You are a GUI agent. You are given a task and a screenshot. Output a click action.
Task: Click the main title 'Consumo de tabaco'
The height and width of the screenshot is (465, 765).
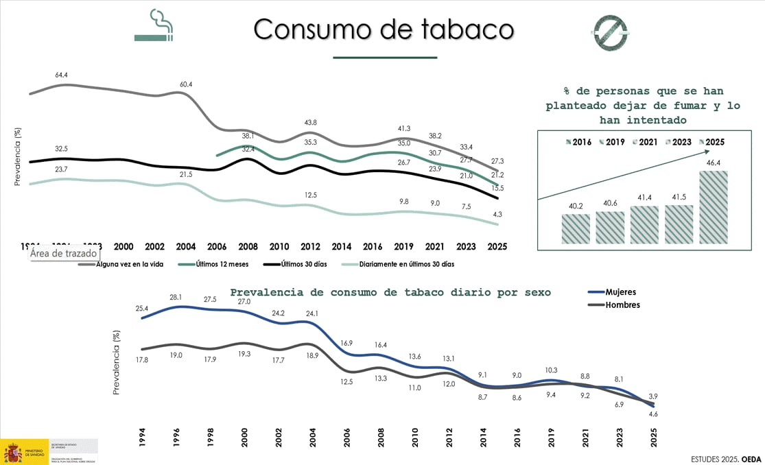pyautogui.click(x=384, y=29)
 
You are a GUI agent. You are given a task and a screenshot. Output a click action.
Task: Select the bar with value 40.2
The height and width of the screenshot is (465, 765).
pyautogui.click(x=575, y=228)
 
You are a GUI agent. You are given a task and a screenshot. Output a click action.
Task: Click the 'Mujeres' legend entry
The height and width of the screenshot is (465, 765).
pyautogui.click(x=620, y=292)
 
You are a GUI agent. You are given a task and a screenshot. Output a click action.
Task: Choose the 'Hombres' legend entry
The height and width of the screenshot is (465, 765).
pyautogui.click(x=622, y=305)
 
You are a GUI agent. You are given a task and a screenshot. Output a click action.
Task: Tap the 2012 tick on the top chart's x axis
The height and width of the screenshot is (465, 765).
pyautogui.click(x=310, y=247)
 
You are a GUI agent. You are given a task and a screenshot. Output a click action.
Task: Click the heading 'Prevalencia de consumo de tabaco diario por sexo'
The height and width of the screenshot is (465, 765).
pyautogui.click(x=390, y=292)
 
